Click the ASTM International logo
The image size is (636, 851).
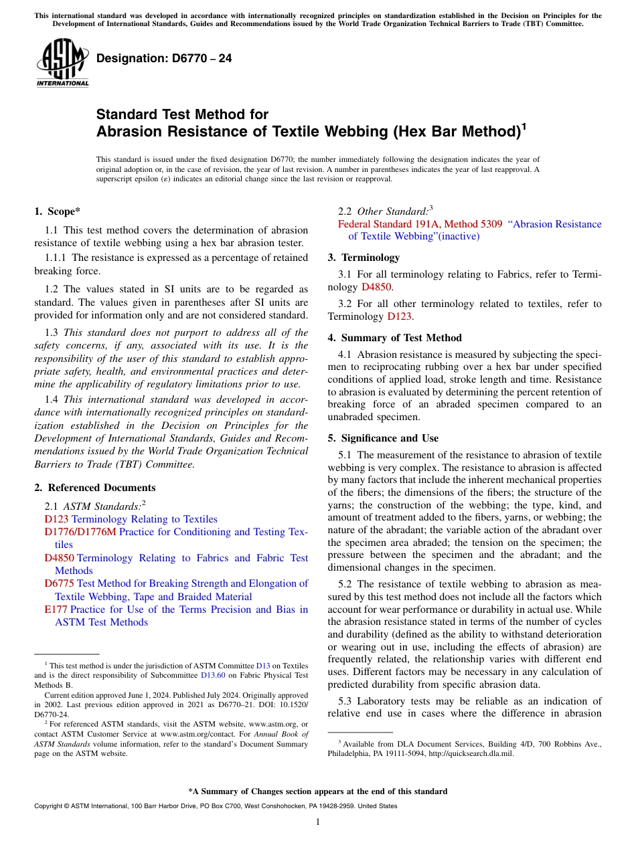(x=62, y=64)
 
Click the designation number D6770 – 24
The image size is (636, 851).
(x=164, y=58)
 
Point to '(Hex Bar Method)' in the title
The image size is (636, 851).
(x=456, y=131)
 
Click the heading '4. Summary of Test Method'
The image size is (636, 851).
(x=394, y=338)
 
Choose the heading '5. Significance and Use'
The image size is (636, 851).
(x=383, y=438)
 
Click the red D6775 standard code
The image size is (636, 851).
(x=59, y=583)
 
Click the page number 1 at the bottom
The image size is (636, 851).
(x=318, y=822)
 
